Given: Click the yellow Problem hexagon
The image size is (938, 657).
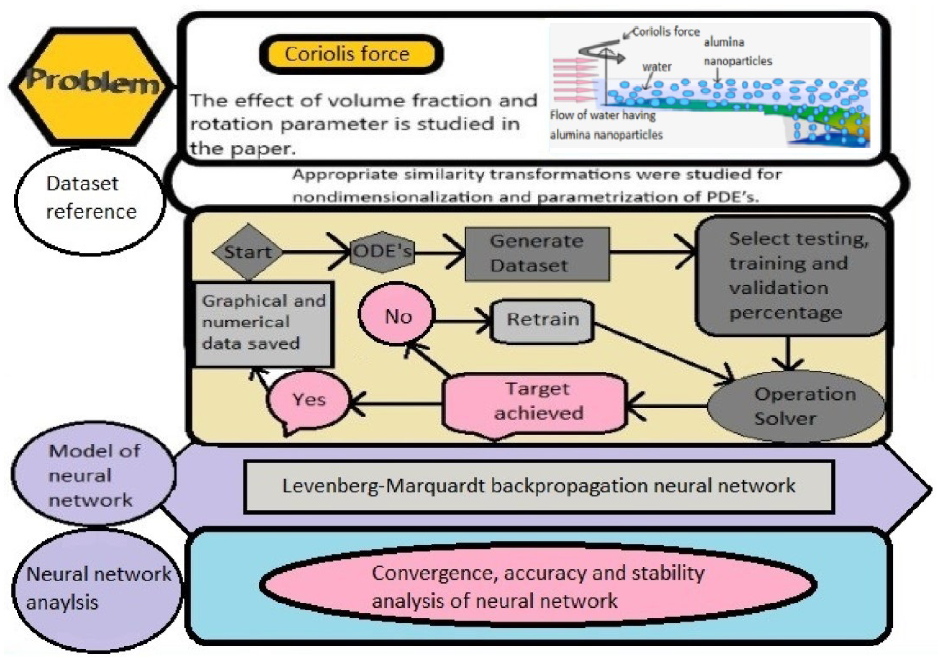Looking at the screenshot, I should pyautogui.click(x=91, y=86).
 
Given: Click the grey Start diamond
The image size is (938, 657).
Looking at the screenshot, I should pyautogui.click(x=248, y=252).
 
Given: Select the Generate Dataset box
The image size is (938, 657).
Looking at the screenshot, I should pyautogui.click(x=537, y=254).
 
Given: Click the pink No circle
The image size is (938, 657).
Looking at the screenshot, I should pyautogui.click(x=397, y=315).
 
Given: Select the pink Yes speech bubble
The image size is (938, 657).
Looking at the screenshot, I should pyautogui.click(x=309, y=400).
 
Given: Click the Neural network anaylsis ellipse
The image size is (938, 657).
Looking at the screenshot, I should pyautogui.click(x=97, y=588).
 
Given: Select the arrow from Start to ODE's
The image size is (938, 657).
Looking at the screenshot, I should pyautogui.click(x=315, y=252).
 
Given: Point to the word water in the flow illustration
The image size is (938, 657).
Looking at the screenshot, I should pyautogui.click(x=657, y=67).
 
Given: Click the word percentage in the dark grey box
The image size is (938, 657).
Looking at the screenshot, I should pyautogui.click(x=785, y=313).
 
